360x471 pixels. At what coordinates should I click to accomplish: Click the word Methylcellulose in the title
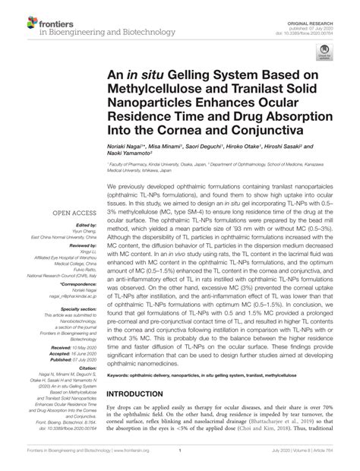coord(159,91)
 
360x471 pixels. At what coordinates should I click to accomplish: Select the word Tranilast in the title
coord(251,91)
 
